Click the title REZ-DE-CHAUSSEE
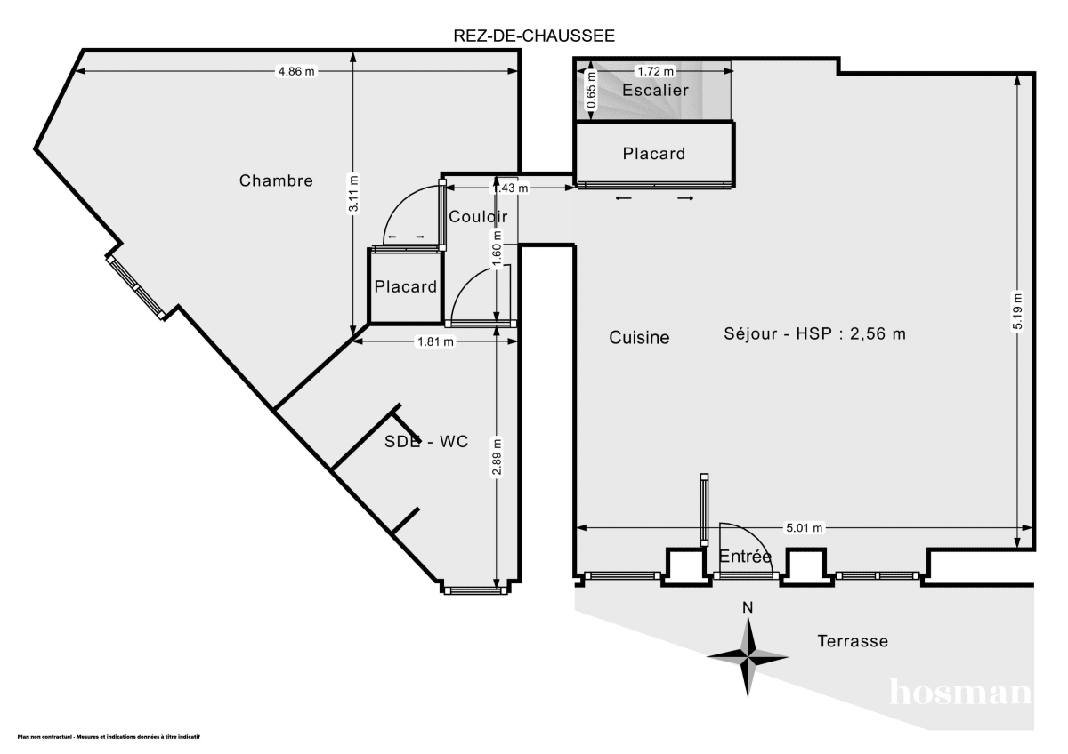coord(534,36)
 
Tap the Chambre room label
coord(276,180)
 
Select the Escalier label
coord(655,91)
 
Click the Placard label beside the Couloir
coord(405,287)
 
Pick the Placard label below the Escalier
coord(654,154)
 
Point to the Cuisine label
coord(639,338)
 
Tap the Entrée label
coord(745,557)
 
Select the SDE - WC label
coord(426,442)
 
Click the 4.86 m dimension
coord(296,71)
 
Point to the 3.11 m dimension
coord(353,193)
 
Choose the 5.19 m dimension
coord(1018,312)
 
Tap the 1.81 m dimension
coord(435,341)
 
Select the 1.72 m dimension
coord(654,70)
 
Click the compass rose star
coord(748,657)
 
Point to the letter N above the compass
coord(748,608)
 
